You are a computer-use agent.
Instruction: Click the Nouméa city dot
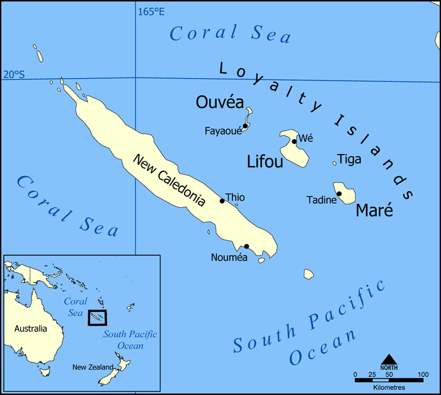point(246,247)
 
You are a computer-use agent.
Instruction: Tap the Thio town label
point(235,197)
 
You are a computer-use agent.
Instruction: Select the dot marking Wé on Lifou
point(294,142)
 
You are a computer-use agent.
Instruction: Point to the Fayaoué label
point(222,131)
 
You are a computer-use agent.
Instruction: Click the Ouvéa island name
point(216,102)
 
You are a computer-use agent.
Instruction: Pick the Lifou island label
point(264,162)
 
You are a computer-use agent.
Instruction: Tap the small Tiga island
point(335,163)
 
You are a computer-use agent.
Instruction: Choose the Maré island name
point(374,210)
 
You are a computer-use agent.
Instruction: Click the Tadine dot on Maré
point(339,194)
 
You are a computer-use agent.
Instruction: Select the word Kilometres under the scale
point(389,387)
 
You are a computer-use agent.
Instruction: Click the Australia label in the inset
point(31,328)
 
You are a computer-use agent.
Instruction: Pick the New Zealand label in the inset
point(93,367)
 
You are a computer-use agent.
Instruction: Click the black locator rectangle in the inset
point(97,318)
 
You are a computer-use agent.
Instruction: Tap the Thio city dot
point(222,201)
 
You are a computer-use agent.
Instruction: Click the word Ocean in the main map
point(323,348)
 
